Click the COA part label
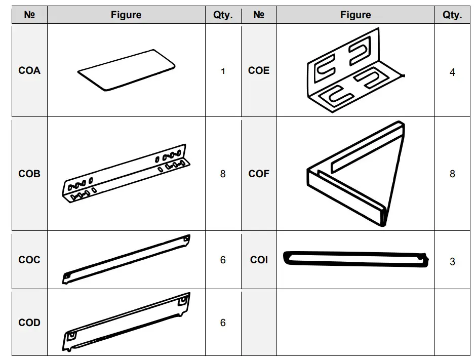[x=29, y=71]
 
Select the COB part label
[x=29, y=174]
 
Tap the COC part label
[x=29, y=260]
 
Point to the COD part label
[x=29, y=323]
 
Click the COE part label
[x=259, y=71]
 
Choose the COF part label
[x=259, y=174]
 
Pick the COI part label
[x=259, y=260]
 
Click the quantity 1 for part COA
[x=223, y=71]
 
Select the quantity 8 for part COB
[x=223, y=174]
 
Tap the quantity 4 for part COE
[x=452, y=72]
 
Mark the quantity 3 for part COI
[x=452, y=261]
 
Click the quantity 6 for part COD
[x=223, y=323]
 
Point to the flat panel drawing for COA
[x=127, y=70]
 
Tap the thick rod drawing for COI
[x=354, y=259]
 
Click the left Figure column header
[x=126, y=15]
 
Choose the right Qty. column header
[x=452, y=15]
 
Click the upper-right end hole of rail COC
[x=186, y=238]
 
